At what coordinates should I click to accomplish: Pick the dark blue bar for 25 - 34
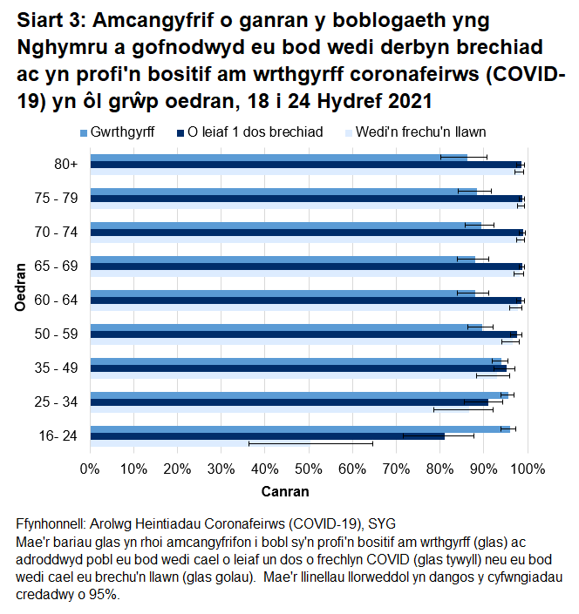pos(288,401)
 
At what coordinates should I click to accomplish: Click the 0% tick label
pos(90,470)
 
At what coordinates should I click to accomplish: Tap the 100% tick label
pos(526,470)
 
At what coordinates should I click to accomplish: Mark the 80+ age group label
pos(65,164)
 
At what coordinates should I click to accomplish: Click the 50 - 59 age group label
pos(57,334)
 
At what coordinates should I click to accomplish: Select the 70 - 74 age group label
pos(57,232)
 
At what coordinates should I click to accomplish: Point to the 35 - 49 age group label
pos(57,368)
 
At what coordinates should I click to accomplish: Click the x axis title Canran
pos(285,491)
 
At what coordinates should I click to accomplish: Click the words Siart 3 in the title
pos(49,20)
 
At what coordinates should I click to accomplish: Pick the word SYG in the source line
pos(382,524)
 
